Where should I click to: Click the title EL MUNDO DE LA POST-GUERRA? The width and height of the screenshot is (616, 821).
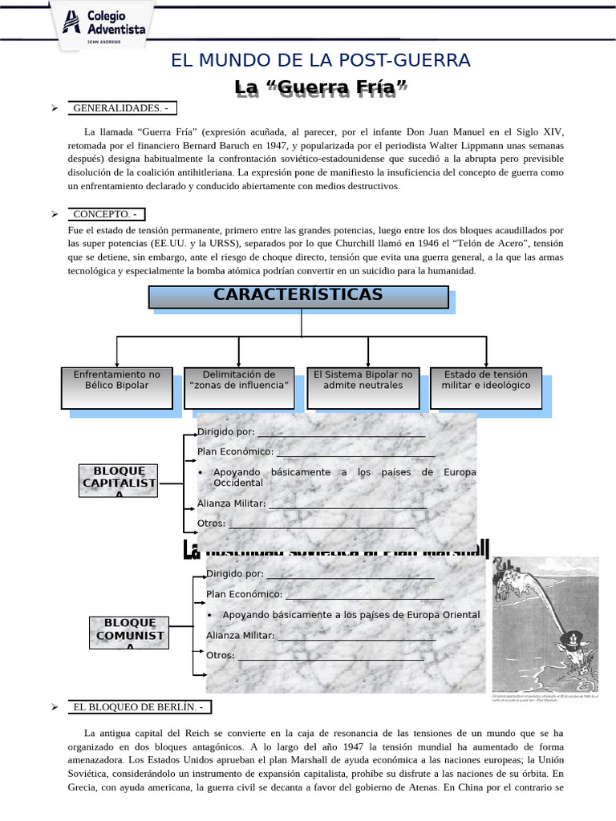tap(321, 60)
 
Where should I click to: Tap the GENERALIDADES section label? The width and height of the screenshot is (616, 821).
tap(120, 107)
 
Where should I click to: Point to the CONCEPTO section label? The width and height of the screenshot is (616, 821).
tap(106, 214)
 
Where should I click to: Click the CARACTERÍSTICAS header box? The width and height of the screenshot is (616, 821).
tap(298, 296)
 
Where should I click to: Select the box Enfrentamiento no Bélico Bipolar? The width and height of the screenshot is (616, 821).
tap(117, 387)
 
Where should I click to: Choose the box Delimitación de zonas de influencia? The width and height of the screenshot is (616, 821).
tap(239, 387)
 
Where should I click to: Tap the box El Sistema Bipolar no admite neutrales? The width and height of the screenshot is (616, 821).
tap(363, 387)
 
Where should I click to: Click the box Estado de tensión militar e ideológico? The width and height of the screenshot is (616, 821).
tap(486, 387)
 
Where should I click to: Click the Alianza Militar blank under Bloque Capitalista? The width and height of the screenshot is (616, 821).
tap(347, 504)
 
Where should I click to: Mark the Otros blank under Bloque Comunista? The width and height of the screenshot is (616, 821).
tap(330, 656)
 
